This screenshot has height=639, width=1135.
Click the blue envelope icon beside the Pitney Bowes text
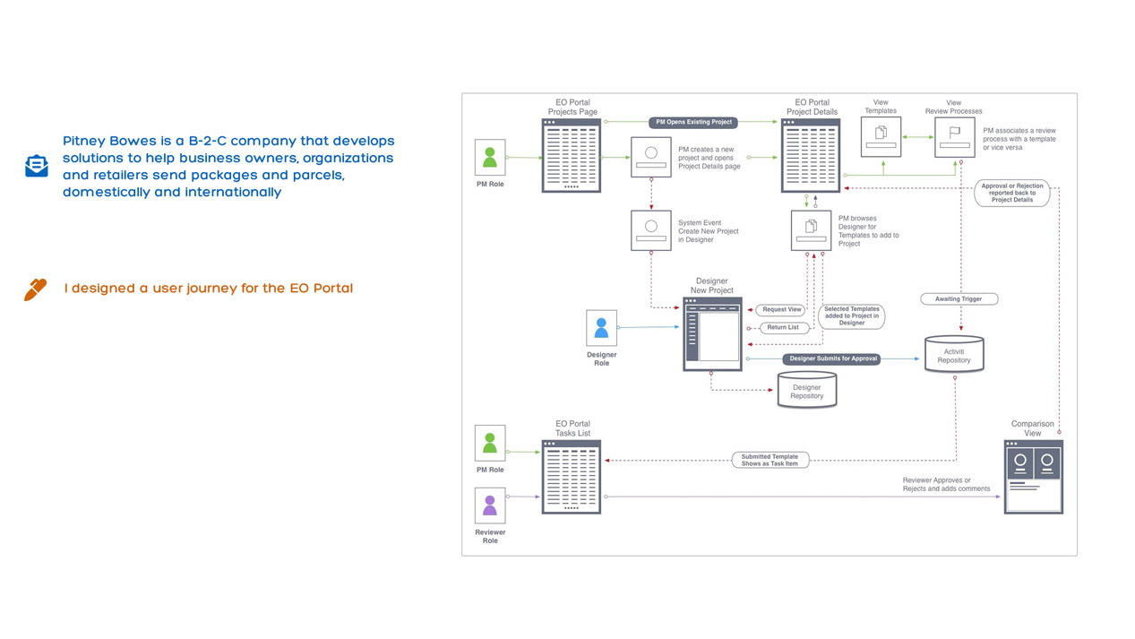(37, 166)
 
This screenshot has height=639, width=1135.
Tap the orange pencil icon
(35, 289)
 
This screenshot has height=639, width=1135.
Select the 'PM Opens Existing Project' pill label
(692, 122)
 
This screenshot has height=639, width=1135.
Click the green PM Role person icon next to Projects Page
(490, 158)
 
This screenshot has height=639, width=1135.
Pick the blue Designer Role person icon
(601, 328)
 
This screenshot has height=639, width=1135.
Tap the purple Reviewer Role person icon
(490, 505)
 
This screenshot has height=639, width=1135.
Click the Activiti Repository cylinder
(954, 355)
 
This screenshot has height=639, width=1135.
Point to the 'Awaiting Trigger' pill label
(959, 298)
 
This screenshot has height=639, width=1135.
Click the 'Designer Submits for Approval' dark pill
(832, 358)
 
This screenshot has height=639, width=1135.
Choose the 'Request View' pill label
(782, 310)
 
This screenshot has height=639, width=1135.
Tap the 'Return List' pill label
(783, 327)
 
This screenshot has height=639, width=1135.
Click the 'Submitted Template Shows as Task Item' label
(770, 460)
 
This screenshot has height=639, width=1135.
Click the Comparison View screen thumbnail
(1033, 476)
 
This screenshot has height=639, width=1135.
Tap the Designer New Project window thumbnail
(713, 334)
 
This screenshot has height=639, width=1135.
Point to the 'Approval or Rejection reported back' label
(1012, 193)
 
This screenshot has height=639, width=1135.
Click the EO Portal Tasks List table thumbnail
(572, 477)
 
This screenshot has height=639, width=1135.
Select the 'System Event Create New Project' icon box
(650, 230)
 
